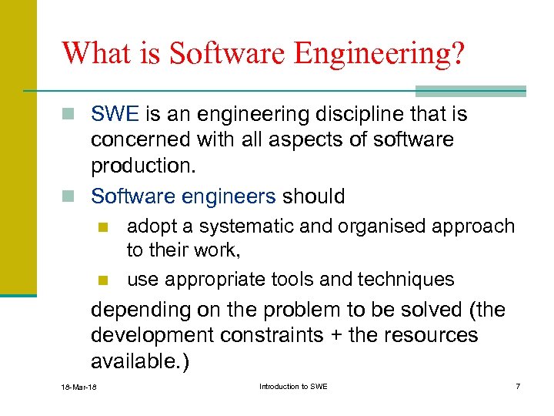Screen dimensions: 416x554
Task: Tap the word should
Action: click(x=313, y=196)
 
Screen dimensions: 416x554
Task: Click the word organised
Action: click(x=375, y=226)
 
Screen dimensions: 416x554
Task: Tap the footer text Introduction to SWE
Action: click(x=293, y=386)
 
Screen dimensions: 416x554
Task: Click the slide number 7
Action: click(x=518, y=386)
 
